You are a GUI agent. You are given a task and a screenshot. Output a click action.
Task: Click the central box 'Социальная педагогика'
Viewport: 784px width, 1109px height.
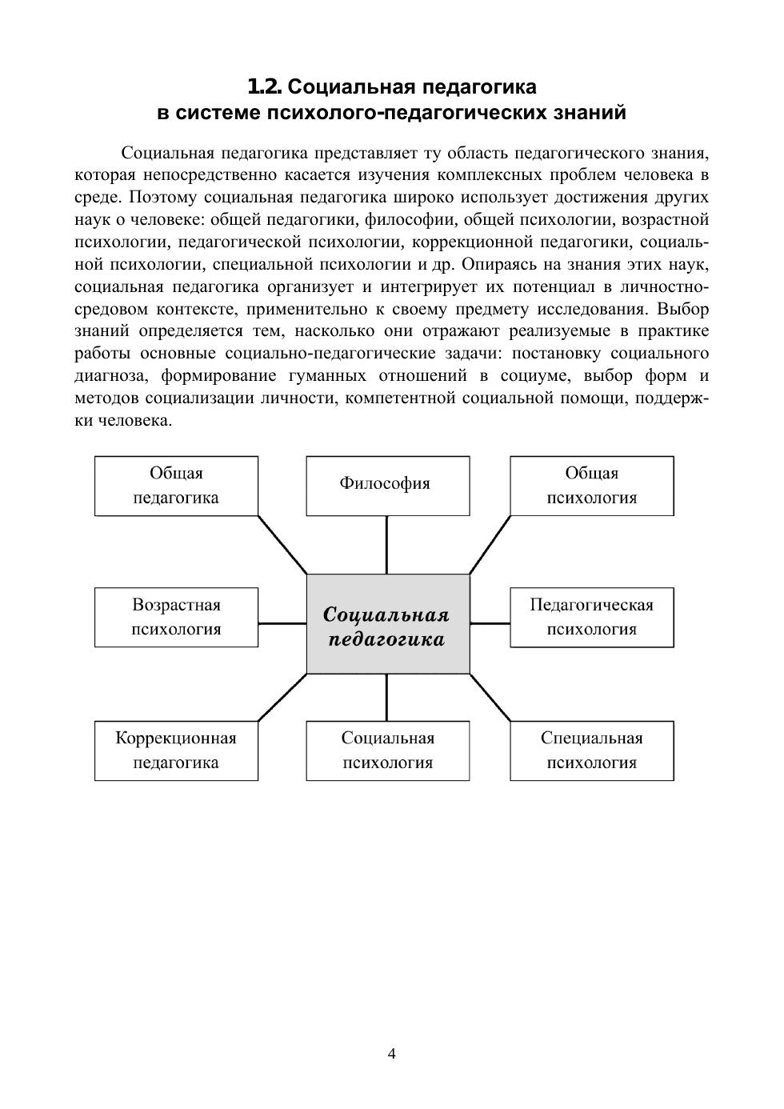pyautogui.click(x=388, y=623)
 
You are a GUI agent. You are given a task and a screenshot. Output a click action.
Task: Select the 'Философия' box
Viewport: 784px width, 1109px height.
pyautogui.click(x=388, y=485)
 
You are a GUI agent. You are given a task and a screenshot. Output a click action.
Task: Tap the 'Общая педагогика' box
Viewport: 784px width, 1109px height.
pyautogui.click(x=176, y=485)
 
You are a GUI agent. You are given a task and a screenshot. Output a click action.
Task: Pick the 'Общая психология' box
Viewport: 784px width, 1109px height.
pyautogui.click(x=592, y=485)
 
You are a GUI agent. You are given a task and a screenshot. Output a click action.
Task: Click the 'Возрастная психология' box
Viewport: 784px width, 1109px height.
pyautogui.click(x=176, y=617)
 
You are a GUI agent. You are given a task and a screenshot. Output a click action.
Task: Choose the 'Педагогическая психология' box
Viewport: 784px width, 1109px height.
pyautogui.click(x=592, y=617)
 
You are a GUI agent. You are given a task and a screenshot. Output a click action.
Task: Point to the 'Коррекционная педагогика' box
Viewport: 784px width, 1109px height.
pyautogui.click(x=176, y=750)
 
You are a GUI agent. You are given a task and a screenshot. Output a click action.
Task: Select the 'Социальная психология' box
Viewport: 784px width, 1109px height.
pyautogui.click(x=388, y=750)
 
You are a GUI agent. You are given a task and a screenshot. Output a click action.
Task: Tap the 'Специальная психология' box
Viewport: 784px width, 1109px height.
pyautogui.click(x=592, y=750)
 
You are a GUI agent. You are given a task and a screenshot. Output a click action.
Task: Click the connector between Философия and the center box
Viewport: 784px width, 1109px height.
pyautogui.click(x=387, y=544)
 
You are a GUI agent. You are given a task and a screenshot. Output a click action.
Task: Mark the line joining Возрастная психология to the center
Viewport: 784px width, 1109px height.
pyautogui.click(x=282, y=623)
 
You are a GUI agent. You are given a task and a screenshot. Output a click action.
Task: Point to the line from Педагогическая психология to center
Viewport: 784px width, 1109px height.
pyautogui.click(x=490, y=623)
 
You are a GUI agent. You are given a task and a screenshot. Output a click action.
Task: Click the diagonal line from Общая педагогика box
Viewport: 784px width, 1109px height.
pyautogui.click(x=282, y=544)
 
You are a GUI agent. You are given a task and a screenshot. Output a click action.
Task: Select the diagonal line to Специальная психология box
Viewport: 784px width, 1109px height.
pyautogui.click(x=490, y=697)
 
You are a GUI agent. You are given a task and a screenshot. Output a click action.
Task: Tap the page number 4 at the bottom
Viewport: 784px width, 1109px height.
pyautogui.click(x=392, y=1053)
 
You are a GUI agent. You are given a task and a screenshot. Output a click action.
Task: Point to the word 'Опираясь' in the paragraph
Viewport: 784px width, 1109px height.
pyautogui.click(x=498, y=264)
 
